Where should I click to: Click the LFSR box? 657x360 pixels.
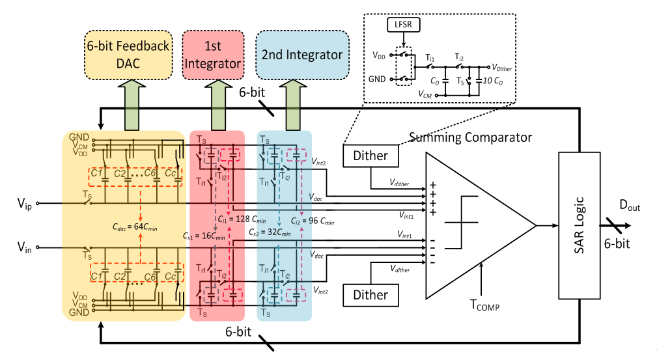403,25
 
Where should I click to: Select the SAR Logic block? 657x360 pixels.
579,225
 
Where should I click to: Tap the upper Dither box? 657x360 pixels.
370,156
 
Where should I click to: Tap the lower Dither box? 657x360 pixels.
370,295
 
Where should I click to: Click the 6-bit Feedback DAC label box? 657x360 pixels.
128,55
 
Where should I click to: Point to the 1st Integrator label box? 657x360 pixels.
213,55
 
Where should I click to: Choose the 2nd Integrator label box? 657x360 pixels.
302,55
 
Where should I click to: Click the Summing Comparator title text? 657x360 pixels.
470,137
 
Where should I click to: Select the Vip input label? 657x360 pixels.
24,204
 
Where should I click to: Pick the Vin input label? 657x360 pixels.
24,247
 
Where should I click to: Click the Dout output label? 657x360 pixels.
630,205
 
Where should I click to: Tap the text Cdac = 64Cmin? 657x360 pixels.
135,228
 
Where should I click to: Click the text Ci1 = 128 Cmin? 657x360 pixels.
242,219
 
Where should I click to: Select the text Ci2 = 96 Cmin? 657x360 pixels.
313,221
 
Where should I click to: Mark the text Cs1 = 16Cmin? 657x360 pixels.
204,236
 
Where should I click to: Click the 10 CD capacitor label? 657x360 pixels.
493,81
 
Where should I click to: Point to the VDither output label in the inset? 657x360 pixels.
501,68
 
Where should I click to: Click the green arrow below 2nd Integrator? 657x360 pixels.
294,105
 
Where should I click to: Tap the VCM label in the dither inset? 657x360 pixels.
425,94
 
